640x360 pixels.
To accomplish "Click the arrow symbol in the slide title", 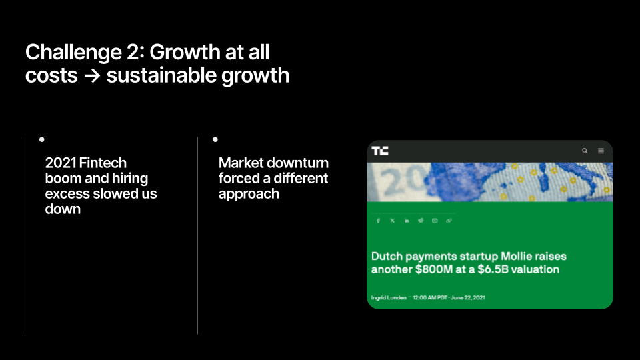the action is [x=92, y=75].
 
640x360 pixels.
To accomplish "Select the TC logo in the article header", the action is [x=380, y=151].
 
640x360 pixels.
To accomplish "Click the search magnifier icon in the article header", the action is [x=585, y=151].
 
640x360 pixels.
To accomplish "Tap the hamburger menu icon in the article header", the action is [x=601, y=151].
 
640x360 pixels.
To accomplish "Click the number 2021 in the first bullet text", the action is [x=61, y=163].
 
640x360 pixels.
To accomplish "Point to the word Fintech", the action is [x=103, y=163].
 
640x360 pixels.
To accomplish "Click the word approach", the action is [x=249, y=194].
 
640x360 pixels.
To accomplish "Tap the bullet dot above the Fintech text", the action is [x=41, y=139].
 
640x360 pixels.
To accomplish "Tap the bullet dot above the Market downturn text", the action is [x=215, y=139].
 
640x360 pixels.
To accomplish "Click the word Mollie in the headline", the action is [x=516, y=256].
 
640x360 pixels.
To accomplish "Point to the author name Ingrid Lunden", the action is [x=389, y=297].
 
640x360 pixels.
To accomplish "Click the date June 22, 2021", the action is [x=468, y=297].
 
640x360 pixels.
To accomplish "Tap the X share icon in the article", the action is [x=392, y=221].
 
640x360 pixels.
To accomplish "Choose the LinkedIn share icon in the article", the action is [x=407, y=221].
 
